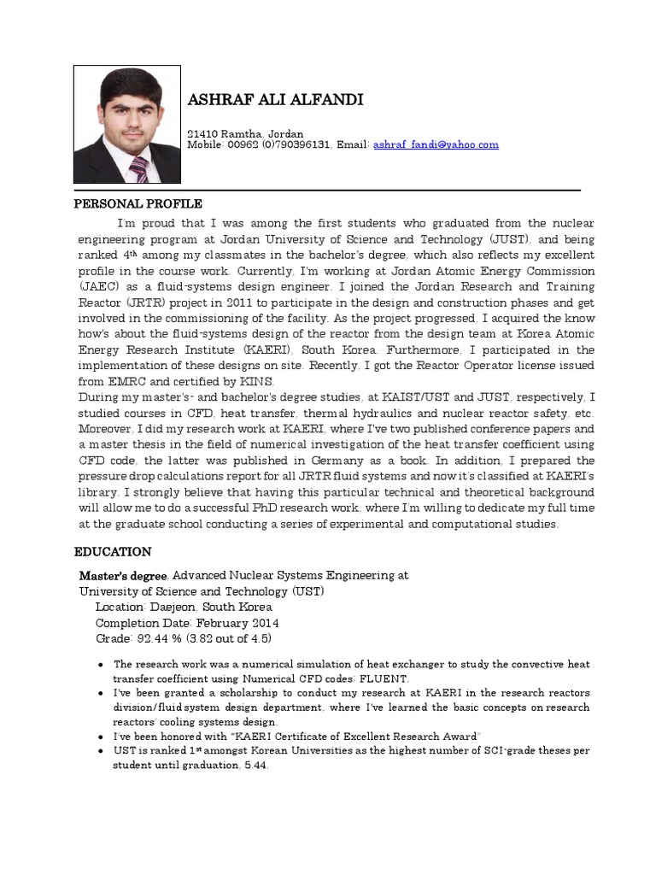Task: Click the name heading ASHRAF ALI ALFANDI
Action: pyautogui.click(x=274, y=101)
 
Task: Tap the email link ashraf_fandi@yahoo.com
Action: pyautogui.click(x=436, y=145)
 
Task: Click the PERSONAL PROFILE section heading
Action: pyautogui.click(x=138, y=204)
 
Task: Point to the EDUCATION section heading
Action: pyautogui.click(x=113, y=552)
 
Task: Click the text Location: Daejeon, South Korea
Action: pyautogui.click(x=182, y=608)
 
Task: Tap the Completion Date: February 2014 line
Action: pyautogui.click(x=187, y=623)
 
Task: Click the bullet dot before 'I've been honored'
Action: pyautogui.click(x=102, y=736)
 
